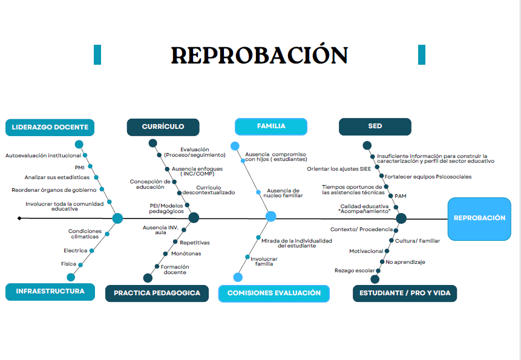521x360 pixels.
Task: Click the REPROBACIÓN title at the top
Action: click(260, 55)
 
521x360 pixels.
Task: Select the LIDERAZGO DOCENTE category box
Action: click(50, 127)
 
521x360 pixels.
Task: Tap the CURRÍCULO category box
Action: click(163, 126)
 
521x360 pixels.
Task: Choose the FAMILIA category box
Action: click(271, 126)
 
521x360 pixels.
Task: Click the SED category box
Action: click(375, 126)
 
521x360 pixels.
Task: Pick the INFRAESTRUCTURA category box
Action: click(50, 291)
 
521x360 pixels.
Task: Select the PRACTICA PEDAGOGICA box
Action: click(157, 293)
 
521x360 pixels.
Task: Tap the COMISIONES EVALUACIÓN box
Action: click(274, 293)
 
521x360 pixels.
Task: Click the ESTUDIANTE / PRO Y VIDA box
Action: click(405, 293)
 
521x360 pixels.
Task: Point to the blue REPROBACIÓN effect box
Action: click(479, 218)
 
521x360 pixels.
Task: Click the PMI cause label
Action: click(79, 167)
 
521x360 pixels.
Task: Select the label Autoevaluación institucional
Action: click(43, 155)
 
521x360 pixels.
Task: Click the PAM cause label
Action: click(401, 196)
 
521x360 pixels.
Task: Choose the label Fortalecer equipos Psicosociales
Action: click(428, 177)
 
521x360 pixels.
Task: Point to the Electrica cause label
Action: click(75, 250)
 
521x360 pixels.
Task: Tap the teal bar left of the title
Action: click(97, 54)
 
